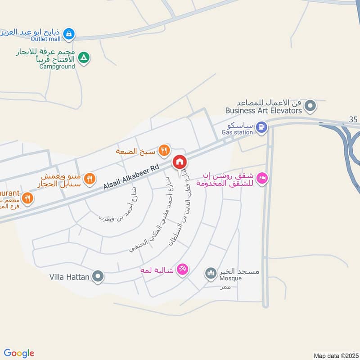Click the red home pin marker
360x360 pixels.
[x=179, y=162]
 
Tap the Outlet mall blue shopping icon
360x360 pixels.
[x=68, y=33]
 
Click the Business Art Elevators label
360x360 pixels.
[x=263, y=110]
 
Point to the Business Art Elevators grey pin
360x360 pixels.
[x=310, y=107]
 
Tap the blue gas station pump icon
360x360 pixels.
[x=261, y=128]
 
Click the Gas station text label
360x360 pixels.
[x=237, y=132]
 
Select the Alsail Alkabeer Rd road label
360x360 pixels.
[x=131, y=176]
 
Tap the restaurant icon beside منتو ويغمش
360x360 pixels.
[x=90, y=179]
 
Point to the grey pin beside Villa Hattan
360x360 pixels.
[x=98, y=276]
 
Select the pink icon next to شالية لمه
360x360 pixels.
[x=182, y=269]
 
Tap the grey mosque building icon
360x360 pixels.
[x=210, y=273]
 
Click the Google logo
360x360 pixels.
[x=19, y=353]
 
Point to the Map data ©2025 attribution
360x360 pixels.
[x=335, y=356]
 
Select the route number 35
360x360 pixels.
[x=353, y=119]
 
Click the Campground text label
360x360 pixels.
[x=57, y=67]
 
